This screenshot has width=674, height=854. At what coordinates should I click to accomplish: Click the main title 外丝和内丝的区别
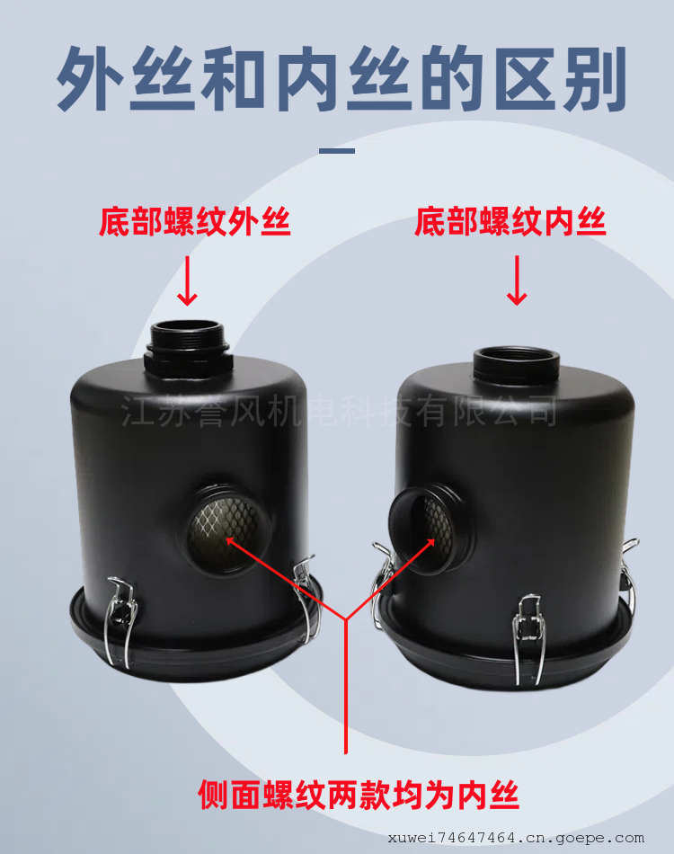coord(341,79)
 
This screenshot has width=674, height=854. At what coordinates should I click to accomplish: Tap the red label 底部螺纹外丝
coord(194,222)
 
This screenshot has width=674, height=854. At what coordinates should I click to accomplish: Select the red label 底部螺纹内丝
coord(510,222)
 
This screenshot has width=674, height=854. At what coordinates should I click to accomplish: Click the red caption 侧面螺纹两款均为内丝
coord(359,796)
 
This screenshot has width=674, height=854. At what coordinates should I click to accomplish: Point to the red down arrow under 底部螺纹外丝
coord(188,280)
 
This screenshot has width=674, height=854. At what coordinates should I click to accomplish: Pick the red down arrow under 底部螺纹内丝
coord(517,280)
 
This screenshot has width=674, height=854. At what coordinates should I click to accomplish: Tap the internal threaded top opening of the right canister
coord(517,364)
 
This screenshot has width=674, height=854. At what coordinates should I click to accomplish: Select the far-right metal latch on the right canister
coord(629,577)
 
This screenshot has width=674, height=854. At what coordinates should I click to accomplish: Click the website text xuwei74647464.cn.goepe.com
coord(516,838)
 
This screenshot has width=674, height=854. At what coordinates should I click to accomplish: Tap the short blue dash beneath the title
coord(337,150)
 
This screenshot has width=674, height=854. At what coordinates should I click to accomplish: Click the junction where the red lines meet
coord(346,619)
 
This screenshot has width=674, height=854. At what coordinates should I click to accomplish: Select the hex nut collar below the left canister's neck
coord(189,363)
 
